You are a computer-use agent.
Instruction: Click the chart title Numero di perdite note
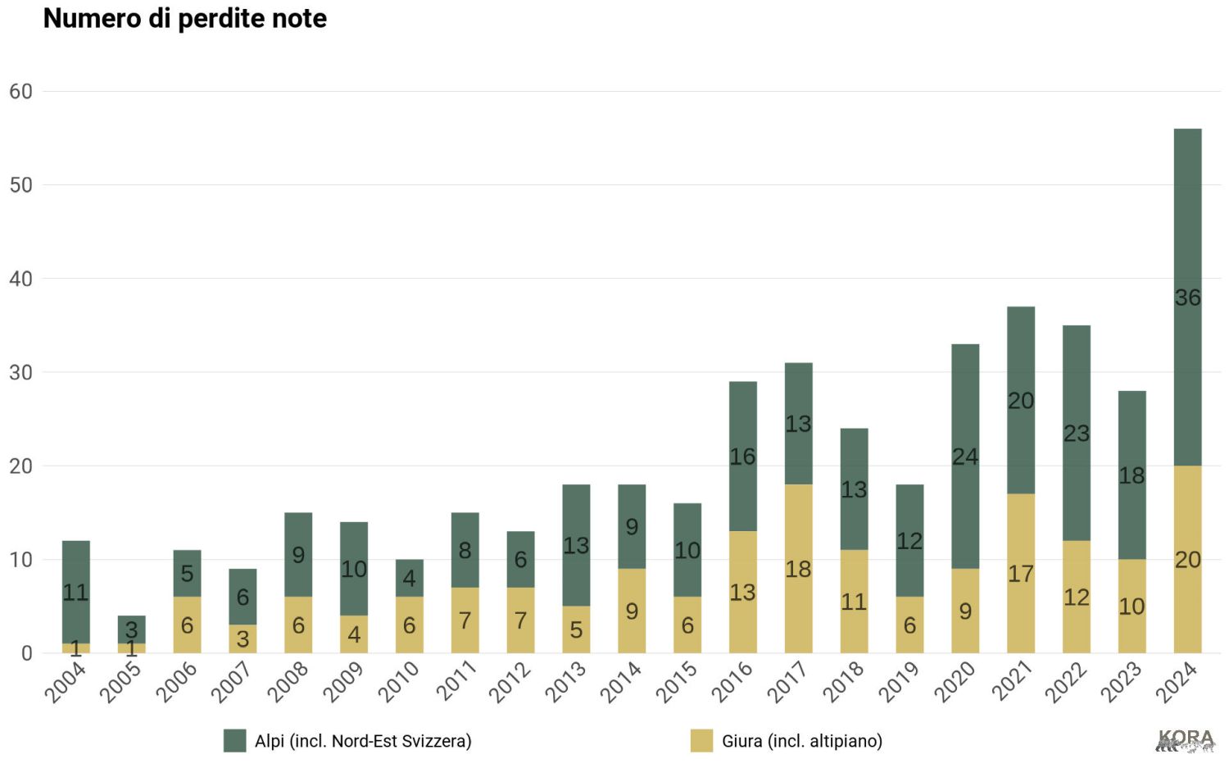[184, 19]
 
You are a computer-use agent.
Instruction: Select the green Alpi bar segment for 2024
[1187, 246]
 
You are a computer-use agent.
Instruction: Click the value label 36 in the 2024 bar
[1187, 298]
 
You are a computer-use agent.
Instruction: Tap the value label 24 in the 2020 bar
[965, 457]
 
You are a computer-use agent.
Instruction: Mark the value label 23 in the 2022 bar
[1076, 433]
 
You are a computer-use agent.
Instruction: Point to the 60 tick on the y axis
[20, 92]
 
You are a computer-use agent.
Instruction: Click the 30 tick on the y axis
[20, 373]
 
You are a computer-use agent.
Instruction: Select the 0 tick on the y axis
[26, 653]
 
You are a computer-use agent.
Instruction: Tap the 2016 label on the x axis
[731, 683]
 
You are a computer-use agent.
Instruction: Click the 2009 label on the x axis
[342, 683]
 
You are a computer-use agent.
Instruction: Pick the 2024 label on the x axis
[1176, 683]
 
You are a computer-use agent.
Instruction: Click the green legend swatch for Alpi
[235, 741]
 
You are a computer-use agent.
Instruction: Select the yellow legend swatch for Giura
[701, 741]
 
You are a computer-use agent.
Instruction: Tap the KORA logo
[1186, 740]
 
